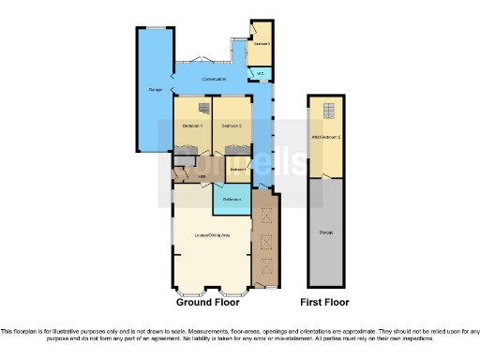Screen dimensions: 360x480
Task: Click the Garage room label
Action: [x=155, y=90]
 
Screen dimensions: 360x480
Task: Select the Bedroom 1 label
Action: [x=193, y=126]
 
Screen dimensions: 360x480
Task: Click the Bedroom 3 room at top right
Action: [x=262, y=43]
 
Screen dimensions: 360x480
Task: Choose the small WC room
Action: [x=261, y=72]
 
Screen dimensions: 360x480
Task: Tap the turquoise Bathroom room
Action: [x=231, y=198]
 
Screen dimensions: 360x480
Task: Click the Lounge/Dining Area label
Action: [x=211, y=234]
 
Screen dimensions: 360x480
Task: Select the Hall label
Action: [x=201, y=175]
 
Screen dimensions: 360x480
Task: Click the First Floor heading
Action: [x=324, y=303]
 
